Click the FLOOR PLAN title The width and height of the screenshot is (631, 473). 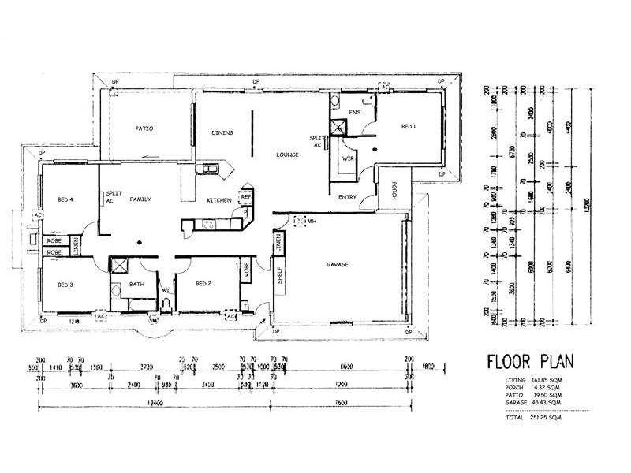[x=529, y=362]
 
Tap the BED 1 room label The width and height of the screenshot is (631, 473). [x=409, y=126]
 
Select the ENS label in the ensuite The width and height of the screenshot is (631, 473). [x=354, y=113]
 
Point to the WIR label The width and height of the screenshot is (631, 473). [x=347, y=158]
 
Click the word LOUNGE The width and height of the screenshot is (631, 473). [x=286, y=155]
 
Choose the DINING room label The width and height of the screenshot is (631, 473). [x=223, y=133]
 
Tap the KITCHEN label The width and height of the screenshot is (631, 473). [x=218, y=201]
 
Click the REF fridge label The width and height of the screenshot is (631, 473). [x=245, y=196]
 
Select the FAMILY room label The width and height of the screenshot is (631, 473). [x=140, y=200]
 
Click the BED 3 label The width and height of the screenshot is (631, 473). [x=65, y=284]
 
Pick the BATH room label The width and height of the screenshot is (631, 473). [x=136, y=284]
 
